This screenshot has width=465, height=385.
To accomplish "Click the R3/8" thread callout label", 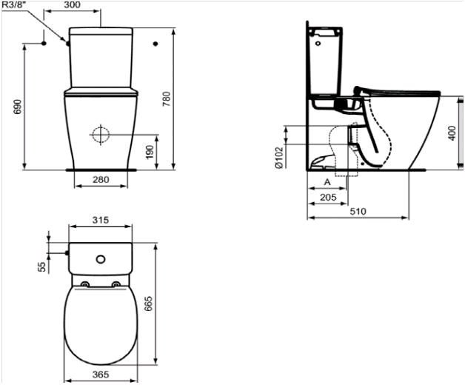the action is (14, 4).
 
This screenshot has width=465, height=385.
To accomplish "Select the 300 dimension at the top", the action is (72, 4).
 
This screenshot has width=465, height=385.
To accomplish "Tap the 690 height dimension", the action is (18, 107).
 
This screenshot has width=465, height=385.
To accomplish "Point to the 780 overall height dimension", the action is (167, 99).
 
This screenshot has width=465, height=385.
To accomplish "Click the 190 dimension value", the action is (150, 152).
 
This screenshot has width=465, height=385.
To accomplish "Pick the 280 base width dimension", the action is (101, 180).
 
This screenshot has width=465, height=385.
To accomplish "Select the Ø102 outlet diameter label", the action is (279, 157).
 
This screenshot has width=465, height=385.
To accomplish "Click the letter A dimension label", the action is (327, 182).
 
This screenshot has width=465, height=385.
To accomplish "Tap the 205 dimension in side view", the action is (328, 197).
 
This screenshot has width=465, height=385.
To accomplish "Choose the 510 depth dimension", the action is (358, 212).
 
